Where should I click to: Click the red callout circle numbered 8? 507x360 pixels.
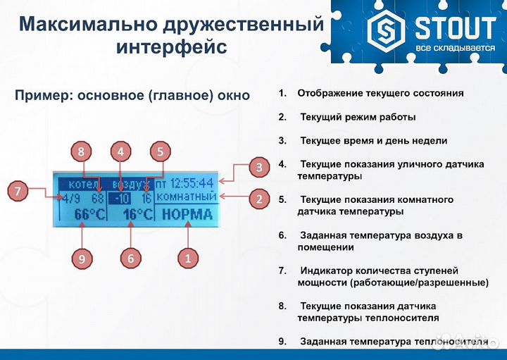click(x=82, y=151)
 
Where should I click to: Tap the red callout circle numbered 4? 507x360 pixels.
click(x=121, y=151)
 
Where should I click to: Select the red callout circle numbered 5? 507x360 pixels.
click(x=161, y=151)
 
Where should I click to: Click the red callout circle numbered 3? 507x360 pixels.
click(x=259, y=168)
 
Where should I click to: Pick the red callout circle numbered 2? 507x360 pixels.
click(x=259, y=199)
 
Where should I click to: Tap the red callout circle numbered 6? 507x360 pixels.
click(x=130, y=259)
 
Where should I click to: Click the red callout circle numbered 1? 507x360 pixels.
click(x=187, y=259)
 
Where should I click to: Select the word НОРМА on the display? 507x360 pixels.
click(x=187, y=213)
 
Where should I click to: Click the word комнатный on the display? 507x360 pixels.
click(x=187, y=197)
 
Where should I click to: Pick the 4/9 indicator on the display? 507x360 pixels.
click(x=69, y=198)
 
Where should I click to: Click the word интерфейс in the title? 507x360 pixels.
click(x=171, y=47)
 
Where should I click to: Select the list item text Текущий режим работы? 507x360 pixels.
click(x=357, y=116)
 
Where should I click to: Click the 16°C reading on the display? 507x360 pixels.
click(x=137, y=213)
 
